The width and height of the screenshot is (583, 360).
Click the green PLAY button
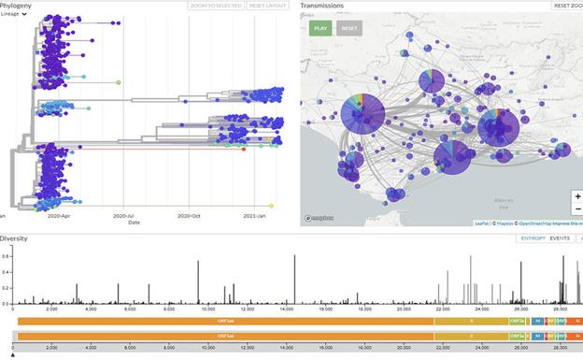[321, 28]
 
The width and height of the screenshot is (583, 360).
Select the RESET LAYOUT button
[268, 6]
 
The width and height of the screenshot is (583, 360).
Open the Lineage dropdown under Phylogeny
[13, 15]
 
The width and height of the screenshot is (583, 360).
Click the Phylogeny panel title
[17, 6]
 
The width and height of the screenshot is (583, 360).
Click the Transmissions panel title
[321, 6]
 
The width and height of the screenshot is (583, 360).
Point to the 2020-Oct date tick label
[191, 216]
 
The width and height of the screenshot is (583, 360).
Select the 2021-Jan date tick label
[255, 216]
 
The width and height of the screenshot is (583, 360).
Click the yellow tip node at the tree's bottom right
[271, 206]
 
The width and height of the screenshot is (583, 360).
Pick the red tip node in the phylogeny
[244, 149]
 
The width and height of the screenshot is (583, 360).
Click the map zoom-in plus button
[577, 196]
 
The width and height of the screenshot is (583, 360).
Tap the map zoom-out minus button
[577, 209]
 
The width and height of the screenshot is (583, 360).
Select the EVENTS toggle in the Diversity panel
[560, 238]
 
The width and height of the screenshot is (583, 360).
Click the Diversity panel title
[15, 238]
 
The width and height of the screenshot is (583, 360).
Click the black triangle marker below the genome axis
[13, 355]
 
